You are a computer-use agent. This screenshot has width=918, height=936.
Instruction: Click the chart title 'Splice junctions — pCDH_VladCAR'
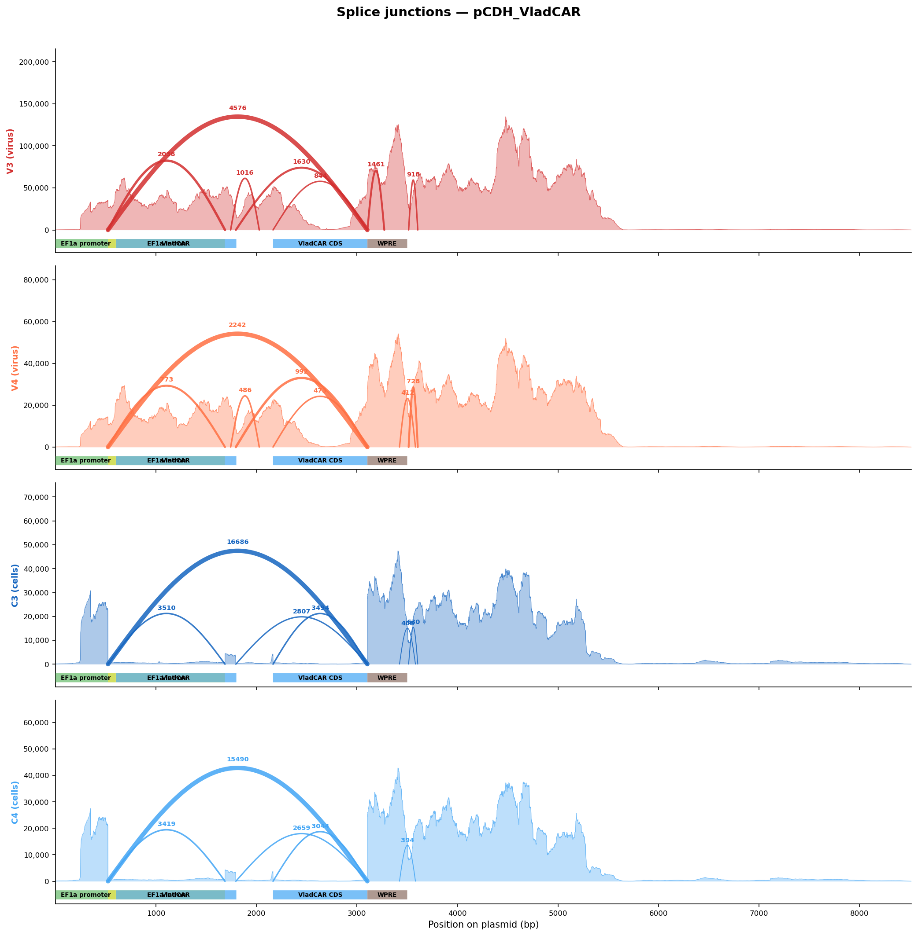point(459,12)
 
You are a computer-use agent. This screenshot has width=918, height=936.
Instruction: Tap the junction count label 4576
point(238,108)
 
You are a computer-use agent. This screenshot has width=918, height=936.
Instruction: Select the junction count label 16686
point(238,543)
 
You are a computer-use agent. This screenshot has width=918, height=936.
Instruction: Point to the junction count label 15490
point(238,760)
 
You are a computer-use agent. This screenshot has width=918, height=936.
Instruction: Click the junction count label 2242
point(237,325)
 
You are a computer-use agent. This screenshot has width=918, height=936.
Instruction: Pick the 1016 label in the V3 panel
point(244,173)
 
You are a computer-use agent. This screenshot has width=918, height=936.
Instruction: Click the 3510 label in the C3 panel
point(167,609)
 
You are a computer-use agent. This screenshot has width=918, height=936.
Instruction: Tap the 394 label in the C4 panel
point(407,841)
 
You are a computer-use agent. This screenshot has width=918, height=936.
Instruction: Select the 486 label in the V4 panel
point(245,390)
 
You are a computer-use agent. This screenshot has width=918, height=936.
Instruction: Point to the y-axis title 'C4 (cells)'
point(15,803)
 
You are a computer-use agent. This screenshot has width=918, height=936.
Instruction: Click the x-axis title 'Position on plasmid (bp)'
point(483,925)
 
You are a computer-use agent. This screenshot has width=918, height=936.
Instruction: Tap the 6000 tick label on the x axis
point(658,914)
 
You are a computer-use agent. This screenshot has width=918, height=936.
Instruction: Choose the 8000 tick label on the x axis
point(859,914)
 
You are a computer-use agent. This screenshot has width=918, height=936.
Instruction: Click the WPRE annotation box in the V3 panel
point(387,244)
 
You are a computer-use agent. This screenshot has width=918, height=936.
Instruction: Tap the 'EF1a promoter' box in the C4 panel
point(85,895)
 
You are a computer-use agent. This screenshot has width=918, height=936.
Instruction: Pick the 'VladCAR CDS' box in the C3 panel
point(320,678)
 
